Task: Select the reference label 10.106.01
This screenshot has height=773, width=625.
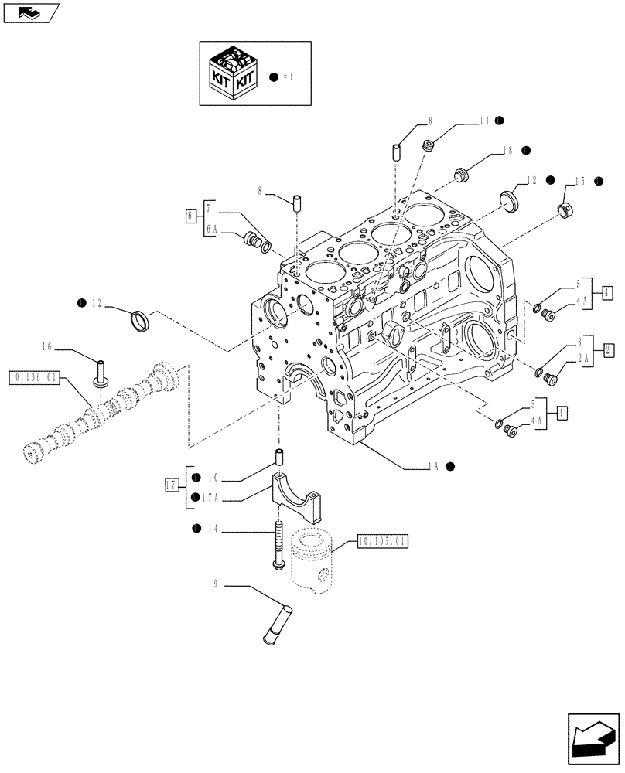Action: coord(32,378)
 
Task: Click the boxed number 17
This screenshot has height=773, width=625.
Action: coord(172,485)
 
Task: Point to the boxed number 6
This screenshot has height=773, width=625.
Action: coord(190,216)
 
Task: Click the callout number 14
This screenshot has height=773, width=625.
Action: coord(212,529)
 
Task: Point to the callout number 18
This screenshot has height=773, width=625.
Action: coord(507,151)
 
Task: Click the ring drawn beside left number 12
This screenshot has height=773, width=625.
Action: coord(138,318)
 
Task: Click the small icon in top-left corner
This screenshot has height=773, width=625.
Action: coord(30,12)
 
